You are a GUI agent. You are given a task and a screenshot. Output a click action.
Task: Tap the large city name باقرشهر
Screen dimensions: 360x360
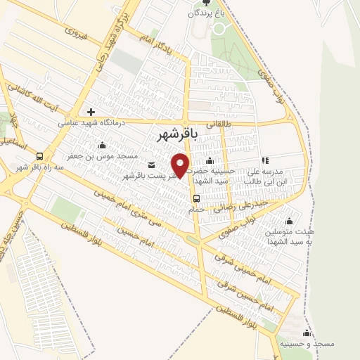click(x=174, y=131)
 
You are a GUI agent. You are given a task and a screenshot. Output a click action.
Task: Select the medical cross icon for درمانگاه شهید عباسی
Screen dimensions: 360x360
click(x=91, y=111)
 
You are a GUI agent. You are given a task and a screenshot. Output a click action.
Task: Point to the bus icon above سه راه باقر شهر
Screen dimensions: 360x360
click(x=39, y=156)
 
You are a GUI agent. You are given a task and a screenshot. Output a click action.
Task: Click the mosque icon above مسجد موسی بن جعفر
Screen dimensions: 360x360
click(x=103, y=145)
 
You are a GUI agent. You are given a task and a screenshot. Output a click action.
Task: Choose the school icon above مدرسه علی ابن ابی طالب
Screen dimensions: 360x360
click(x=265, y=160)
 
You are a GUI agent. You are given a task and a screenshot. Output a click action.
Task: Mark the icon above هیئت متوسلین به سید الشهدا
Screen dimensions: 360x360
click(x=290, y=221)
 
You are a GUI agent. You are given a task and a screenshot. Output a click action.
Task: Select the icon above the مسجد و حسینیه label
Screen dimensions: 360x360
click(x=306, y=333)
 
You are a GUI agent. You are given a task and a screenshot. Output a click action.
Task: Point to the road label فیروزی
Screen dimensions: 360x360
click(x=74, y=32)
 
